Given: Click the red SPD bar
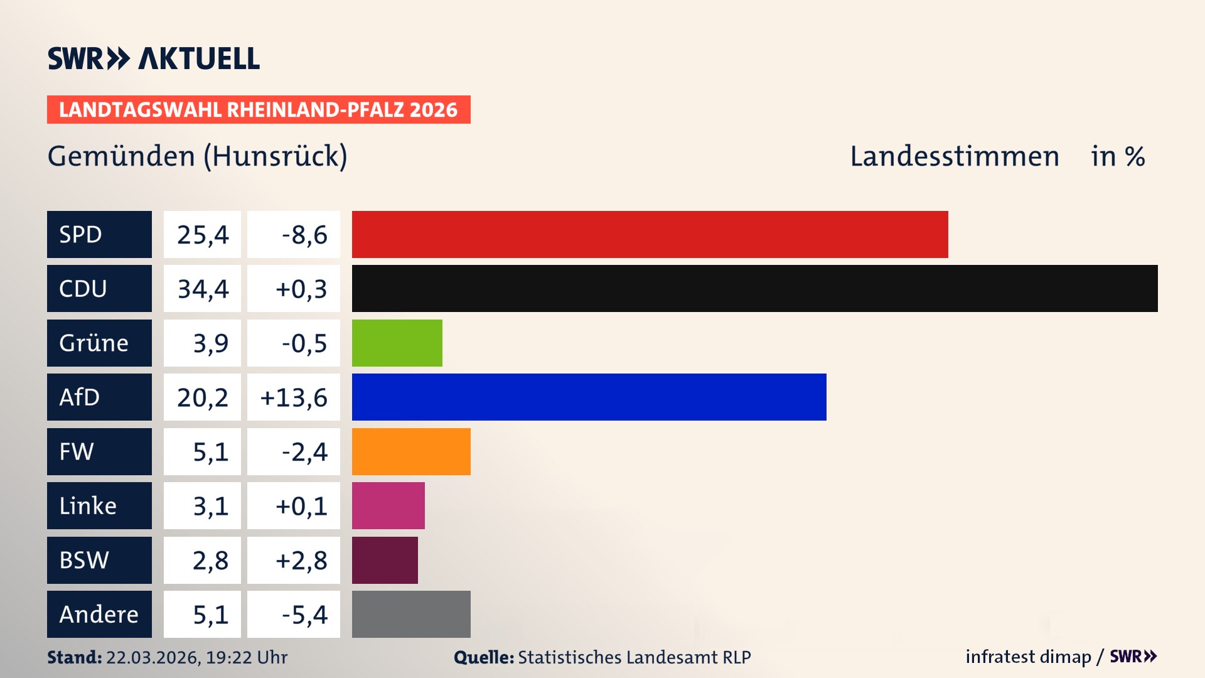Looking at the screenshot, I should (x=650, y=234).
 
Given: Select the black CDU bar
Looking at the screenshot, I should (x=754, y=289).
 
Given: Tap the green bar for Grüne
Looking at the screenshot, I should (x=397, y=343).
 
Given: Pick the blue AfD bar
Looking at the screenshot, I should (x=589, y=397).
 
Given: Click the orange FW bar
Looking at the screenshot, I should (x=411, y=451).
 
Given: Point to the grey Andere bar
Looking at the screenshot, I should (x=411, y=614).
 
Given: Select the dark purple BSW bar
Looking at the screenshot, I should (x=385, y=560).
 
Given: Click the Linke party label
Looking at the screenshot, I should (x=99, y=506).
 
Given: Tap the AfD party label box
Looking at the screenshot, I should (x=99, y=397).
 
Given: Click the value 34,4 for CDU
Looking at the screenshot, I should (x=203, y=289).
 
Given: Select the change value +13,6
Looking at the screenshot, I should (x=294, y=397).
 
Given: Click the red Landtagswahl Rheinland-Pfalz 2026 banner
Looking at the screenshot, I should (x=259, y=110).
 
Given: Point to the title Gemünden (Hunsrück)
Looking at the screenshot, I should (x=197, y=156).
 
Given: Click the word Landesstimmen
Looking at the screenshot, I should (x=954, y=156).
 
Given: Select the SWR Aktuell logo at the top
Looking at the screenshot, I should (x=154, y=58).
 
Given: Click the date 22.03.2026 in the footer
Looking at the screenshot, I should (x=153, y=657).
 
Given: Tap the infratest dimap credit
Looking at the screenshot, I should (x=1028, y=657).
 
